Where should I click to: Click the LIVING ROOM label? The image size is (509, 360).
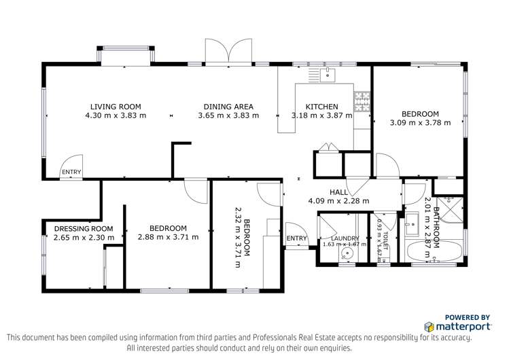[116, 107]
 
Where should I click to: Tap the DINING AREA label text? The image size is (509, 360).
[228, 107]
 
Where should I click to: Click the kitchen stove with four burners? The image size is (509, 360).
[362, 102]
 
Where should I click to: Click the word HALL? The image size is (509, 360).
[338, 192]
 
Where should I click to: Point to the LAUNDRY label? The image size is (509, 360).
[338, 238]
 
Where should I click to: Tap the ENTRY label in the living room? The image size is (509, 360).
[71, 173]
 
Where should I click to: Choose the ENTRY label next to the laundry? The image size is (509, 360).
[296, 238]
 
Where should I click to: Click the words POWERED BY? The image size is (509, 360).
[468, 317]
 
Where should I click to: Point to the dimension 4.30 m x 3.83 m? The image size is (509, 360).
[116, 115]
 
